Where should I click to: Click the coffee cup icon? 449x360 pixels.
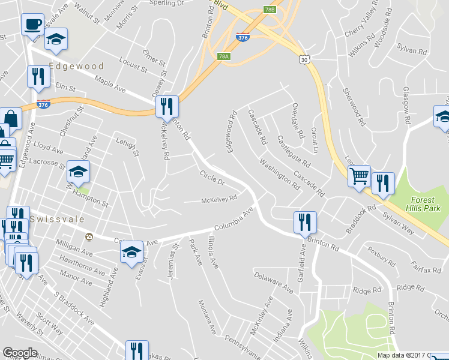(33, 25)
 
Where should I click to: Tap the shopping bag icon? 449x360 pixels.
(10, 118)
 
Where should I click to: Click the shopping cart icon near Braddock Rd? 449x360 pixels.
(359, 176)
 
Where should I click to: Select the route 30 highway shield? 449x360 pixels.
(305, 59)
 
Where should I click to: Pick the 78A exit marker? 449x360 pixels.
(223, 56)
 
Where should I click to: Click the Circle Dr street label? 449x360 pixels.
(211, 178)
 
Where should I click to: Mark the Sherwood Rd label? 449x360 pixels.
(354, 106)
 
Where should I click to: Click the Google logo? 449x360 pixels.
(20, 353)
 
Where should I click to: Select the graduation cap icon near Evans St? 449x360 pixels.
(131, 252)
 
